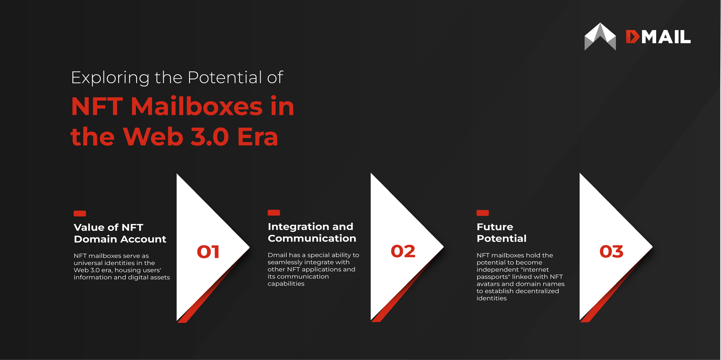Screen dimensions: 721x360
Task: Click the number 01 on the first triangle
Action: pos(208,252)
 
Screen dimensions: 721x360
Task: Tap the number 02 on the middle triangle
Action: pos(403,251)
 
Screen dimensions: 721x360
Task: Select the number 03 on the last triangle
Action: pos(611,252)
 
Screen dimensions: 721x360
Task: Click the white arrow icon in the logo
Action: pos(600,37)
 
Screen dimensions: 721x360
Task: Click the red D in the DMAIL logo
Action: pos(633,37)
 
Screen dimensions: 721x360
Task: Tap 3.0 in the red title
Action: pos(209,137)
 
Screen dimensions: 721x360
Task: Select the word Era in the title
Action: pos(258,137)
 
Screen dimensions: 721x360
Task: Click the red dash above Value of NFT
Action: pos(80,213)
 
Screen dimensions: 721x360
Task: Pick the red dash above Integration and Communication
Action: pos(274,213)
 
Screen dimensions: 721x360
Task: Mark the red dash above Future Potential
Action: pos(483,213)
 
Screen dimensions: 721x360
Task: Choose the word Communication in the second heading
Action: pos(312,239)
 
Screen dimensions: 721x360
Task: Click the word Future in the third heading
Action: pos(495,227)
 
